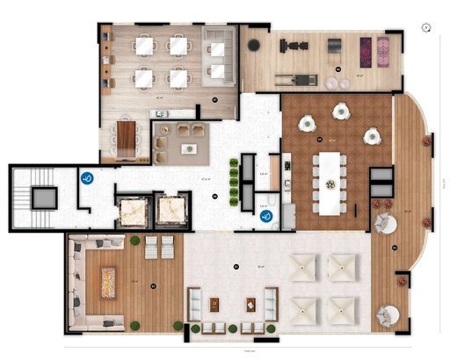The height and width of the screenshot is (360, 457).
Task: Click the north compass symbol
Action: (424, 27)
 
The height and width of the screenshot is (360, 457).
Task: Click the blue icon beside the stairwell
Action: (86, 177)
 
